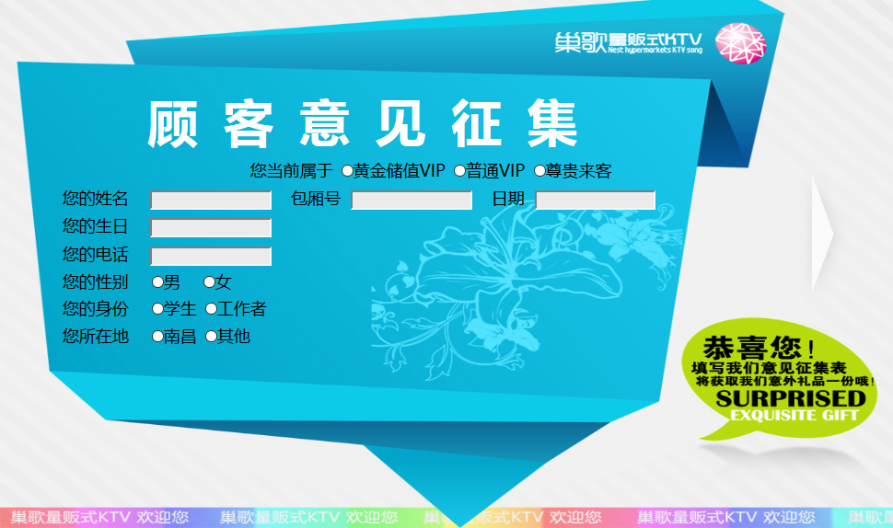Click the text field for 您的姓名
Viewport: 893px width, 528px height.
pos(211,201)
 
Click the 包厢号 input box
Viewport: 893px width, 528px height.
pos(412,201)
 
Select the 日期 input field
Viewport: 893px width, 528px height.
pos(595,201)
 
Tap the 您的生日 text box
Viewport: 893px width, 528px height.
pos(211,228)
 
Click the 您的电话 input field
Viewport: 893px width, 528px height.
pos(211,257)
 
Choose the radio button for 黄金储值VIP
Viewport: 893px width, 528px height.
pos(347,171)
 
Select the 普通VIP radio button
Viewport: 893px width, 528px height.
pos(459,171)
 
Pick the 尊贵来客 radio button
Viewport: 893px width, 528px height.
pos(539,171)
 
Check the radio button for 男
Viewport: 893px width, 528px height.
pos(157,281)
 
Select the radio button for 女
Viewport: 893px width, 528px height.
pos(210,281)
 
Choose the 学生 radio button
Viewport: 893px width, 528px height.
pos(157,309)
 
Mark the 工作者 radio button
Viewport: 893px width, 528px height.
pos(212,309)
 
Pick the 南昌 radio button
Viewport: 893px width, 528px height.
pos(157,337)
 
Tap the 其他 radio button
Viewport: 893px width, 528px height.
pos(212,337)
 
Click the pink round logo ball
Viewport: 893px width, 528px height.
pos(741,43)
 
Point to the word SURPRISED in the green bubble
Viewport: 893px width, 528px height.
pos(791,398)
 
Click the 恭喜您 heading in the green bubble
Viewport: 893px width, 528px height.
pos(752,347)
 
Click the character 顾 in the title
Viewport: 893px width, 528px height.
pos(172,124)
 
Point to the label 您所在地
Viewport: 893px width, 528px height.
pos(95,337)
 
